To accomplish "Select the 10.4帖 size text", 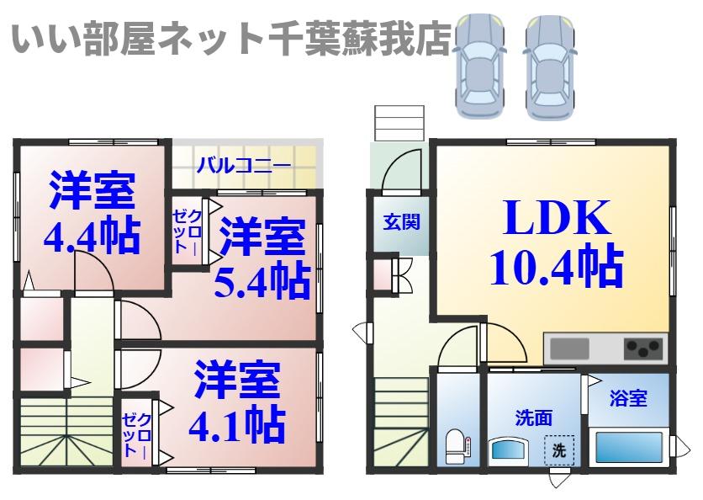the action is [556, 266].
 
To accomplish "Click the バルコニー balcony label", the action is [244, 165].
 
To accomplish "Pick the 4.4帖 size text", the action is [92, 238].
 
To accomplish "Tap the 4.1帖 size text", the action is [236, 425].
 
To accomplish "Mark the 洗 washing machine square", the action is [559, 450].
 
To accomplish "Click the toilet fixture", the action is [455, 445].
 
